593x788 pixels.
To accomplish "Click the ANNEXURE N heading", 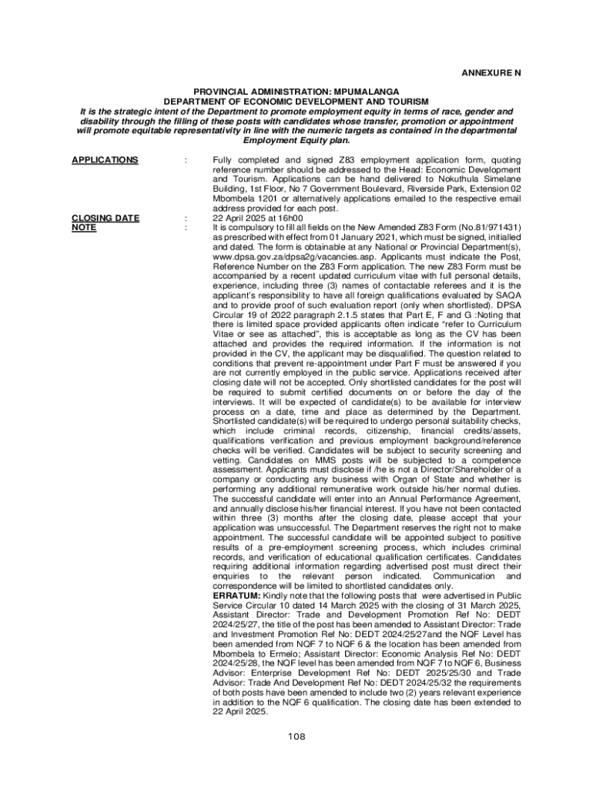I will coord(491,73).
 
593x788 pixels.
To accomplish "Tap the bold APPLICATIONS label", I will coord(105,160).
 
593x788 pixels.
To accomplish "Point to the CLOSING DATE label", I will coord(106,218).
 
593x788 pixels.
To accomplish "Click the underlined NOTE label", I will coord(83,228).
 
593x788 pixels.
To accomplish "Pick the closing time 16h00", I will coord(275,218).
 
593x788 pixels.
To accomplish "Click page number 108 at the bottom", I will coord(296,736).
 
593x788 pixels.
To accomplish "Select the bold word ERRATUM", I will coord(236,596).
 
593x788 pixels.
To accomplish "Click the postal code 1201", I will coord(269,199).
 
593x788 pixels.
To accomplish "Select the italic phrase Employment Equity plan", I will coord(296,141).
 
